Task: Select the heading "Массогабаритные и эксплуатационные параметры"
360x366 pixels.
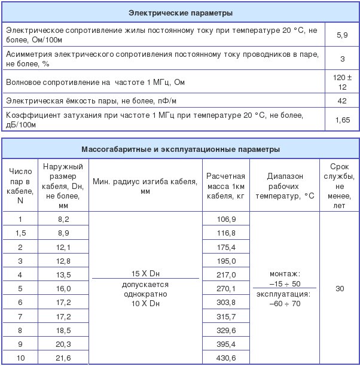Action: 180,149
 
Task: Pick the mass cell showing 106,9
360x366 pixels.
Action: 225,219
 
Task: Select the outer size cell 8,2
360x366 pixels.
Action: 63,219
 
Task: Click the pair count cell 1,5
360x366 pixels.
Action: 20,233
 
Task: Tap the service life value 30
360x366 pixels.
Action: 340,289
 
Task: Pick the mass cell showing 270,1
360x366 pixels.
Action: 225,288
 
